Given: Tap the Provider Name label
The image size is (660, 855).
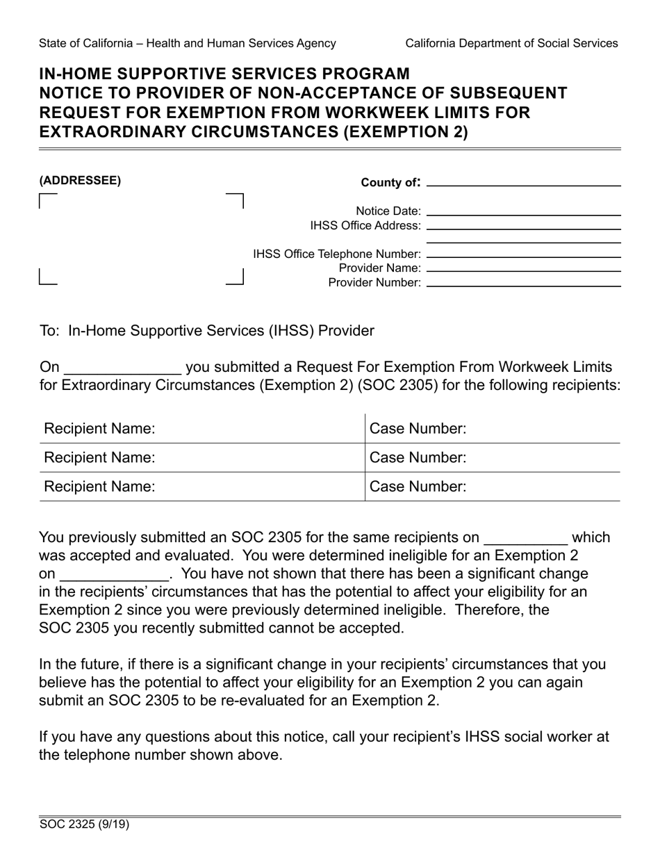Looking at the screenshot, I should tap(379, 268).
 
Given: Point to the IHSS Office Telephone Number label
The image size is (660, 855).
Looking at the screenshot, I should tap(337, 254).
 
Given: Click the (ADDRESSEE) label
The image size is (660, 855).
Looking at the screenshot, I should tap(80, 181).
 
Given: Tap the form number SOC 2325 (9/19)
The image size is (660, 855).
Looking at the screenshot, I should tap(84, 825).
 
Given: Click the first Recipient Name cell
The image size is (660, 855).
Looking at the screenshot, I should tap(201, 429).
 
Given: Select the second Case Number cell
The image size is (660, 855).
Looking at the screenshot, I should tap(493, 457).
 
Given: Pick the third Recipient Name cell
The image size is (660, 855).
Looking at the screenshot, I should tap(201, 487).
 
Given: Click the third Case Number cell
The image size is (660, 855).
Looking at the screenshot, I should tap(493, 487).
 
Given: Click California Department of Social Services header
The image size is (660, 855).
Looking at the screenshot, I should tap(511, 43).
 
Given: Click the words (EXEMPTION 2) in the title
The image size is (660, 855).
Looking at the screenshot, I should tap(404, 132).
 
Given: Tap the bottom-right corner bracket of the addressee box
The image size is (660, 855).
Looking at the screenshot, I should tap(236, 278).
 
